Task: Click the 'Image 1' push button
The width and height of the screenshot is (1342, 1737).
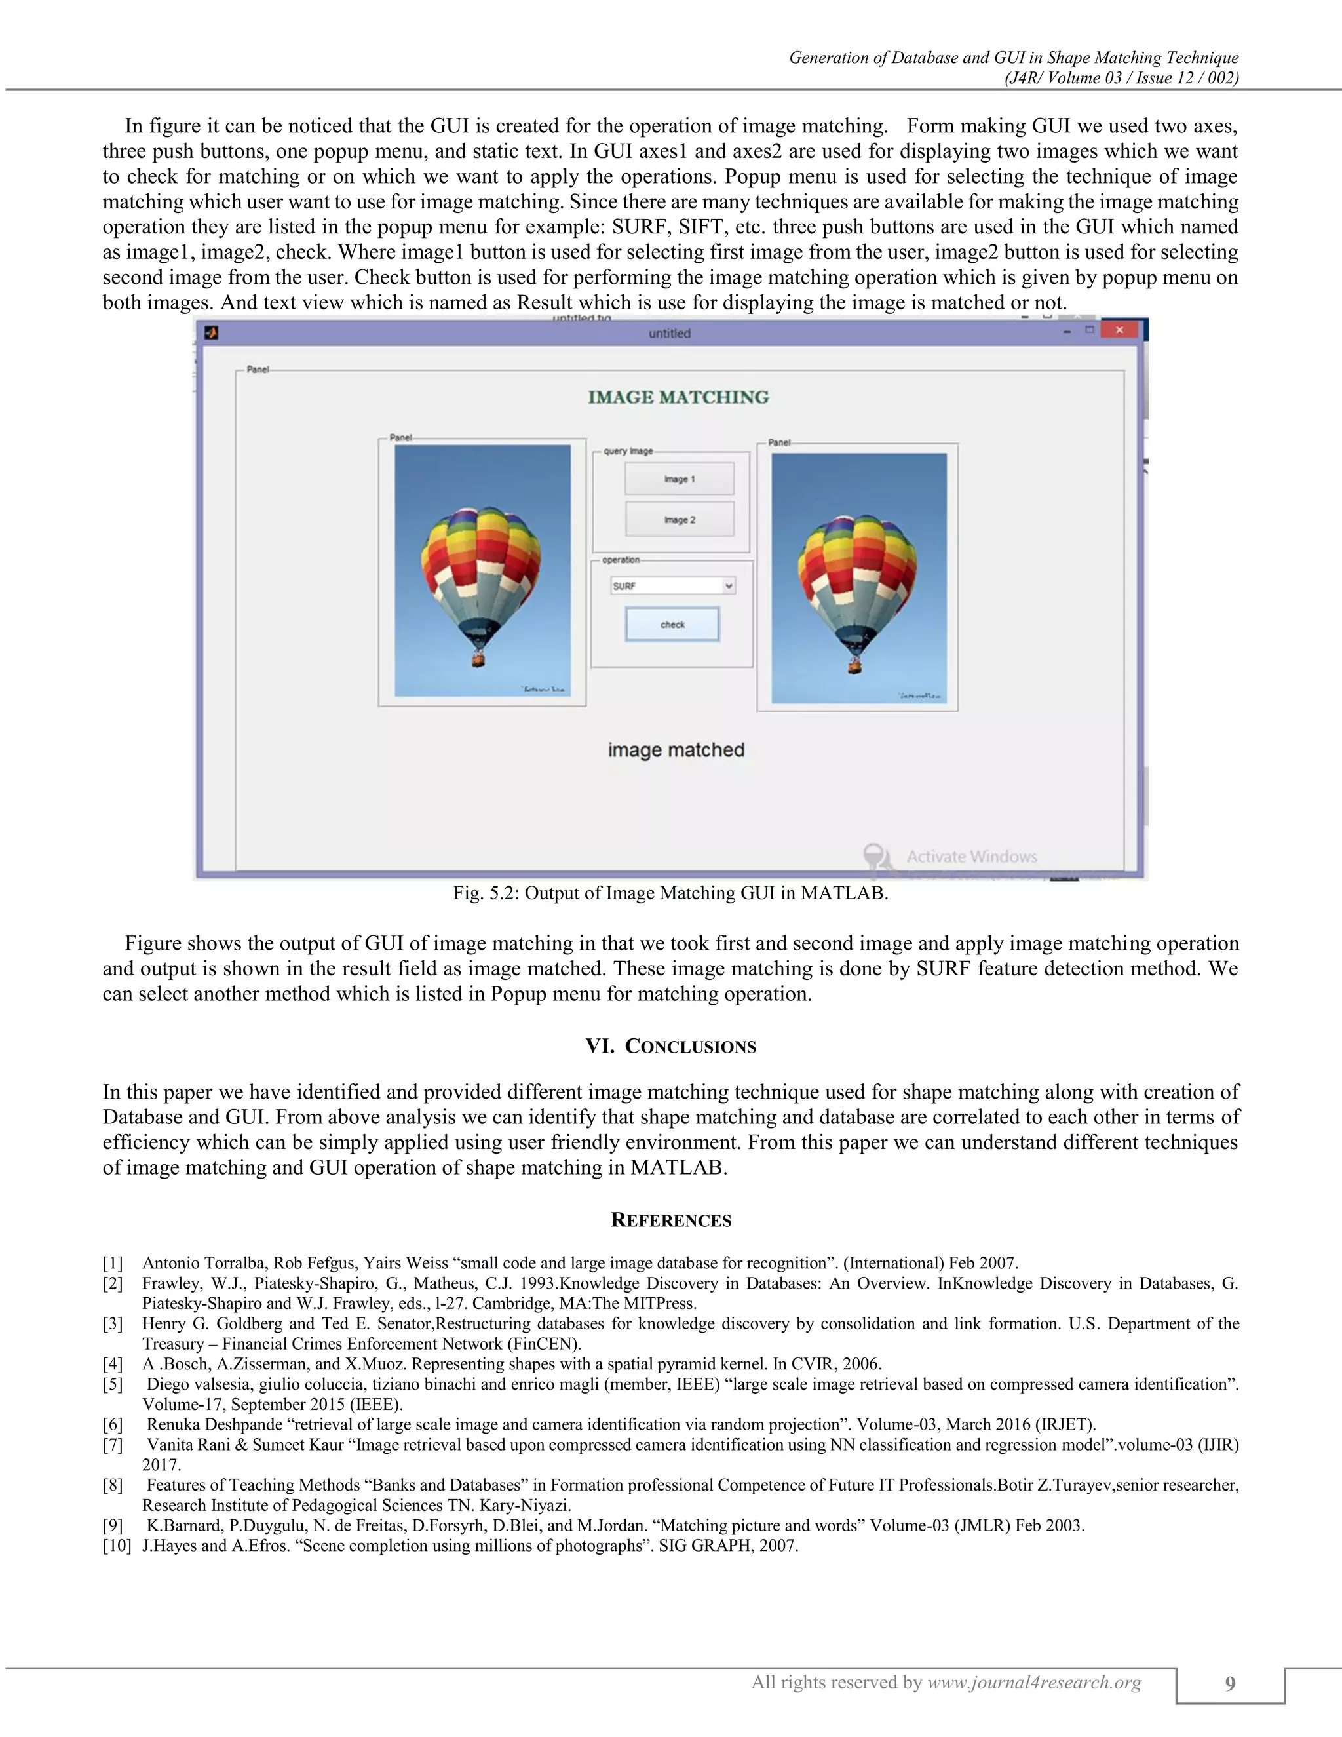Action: pos(679,478)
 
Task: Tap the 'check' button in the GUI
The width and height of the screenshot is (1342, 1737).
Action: pos(672,624)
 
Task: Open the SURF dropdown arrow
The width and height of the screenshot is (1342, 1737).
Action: pos(728,586)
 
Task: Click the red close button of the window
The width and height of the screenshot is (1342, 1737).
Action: pos(1119,331)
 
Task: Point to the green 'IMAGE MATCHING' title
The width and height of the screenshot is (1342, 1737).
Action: pos(678,397)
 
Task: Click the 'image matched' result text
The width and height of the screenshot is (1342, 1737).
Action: pos(676,750)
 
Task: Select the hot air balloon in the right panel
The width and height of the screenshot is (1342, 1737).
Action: pos(856,581)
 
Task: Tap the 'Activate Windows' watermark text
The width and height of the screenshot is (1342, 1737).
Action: pos(972,857)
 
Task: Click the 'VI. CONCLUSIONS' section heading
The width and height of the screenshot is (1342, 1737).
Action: pos(671,1046)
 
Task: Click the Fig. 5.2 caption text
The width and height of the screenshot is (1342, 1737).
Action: pos(670,893)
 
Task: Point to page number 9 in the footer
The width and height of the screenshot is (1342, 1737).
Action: pos(1230,1683)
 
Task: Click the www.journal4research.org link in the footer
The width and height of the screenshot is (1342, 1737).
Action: pos(1034,1682)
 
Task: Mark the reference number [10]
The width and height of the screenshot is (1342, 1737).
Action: pos(116,1546)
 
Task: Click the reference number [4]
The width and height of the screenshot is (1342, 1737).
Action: pos(113,1364)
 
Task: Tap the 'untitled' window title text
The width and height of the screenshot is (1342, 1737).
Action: pos(670,333)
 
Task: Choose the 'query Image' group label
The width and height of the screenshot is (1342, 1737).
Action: pos(628,451)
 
